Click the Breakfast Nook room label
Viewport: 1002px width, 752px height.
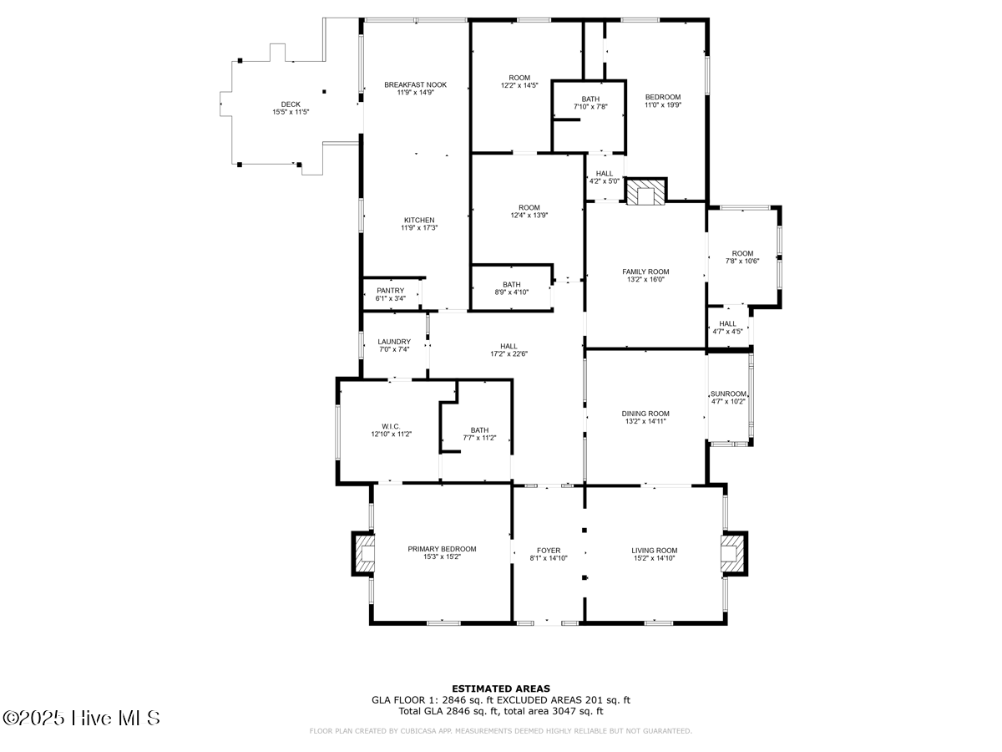[415, 84]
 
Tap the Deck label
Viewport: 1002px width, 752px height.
[291, 104]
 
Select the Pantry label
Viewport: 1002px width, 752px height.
[390, 291]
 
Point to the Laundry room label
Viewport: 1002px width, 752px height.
[394, 342]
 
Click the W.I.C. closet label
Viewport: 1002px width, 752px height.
[391, 426]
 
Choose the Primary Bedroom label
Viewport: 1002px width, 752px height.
[442, 549]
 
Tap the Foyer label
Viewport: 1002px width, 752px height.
[549, 551]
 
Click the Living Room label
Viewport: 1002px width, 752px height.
[655, 551]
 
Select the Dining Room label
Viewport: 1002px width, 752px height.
[645, 414]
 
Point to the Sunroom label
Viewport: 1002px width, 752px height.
[728, 394]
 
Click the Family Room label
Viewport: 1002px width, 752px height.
[645, 272]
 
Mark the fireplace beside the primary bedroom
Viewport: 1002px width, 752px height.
[365, 552]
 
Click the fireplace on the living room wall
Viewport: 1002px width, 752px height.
[731, 552]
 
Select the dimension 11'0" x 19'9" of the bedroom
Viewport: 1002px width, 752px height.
[663, 105]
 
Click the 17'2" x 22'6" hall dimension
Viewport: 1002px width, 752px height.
[509, 353]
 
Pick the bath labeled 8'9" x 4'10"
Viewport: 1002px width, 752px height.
[511, 288]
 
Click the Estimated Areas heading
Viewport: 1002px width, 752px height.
[501, 688]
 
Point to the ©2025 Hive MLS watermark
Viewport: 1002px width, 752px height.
[81, 718]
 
